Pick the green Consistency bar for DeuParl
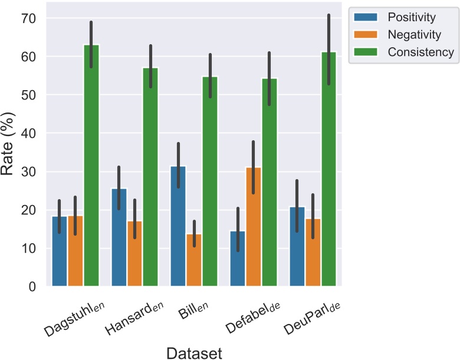pos(328,171)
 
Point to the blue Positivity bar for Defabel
pos(238,259)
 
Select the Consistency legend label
pos(420,52)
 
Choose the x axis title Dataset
pos(194,353)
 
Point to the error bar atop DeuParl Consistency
pos(328,49)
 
